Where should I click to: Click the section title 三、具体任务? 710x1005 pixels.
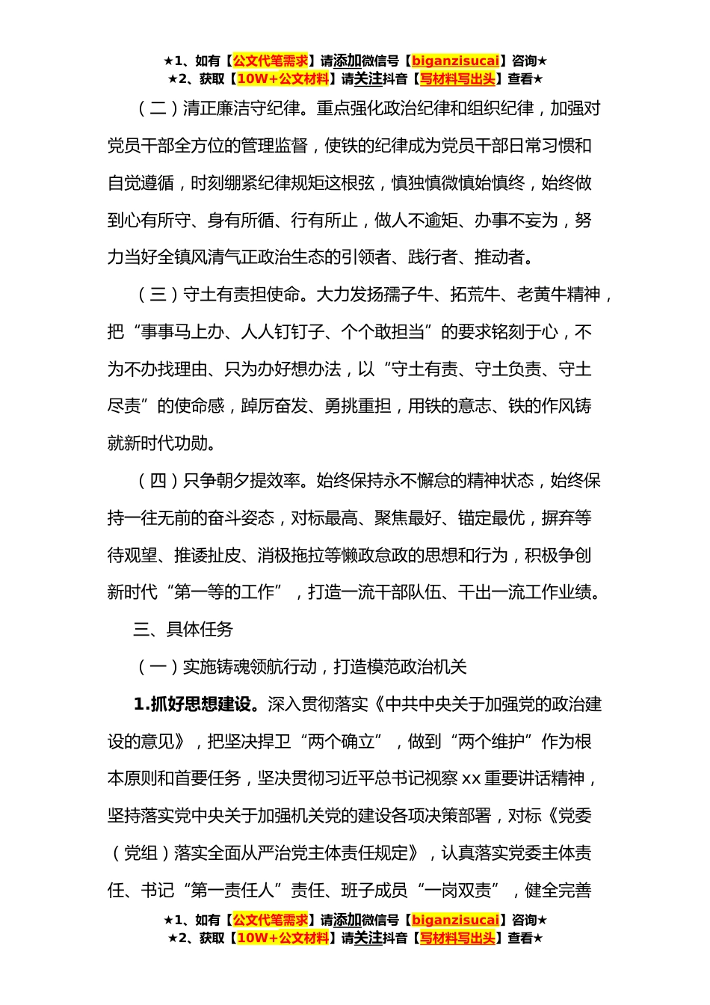coord(183,630)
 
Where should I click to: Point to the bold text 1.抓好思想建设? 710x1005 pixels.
coord(196,704)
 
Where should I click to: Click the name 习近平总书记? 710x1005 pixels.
coord(374,779)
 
